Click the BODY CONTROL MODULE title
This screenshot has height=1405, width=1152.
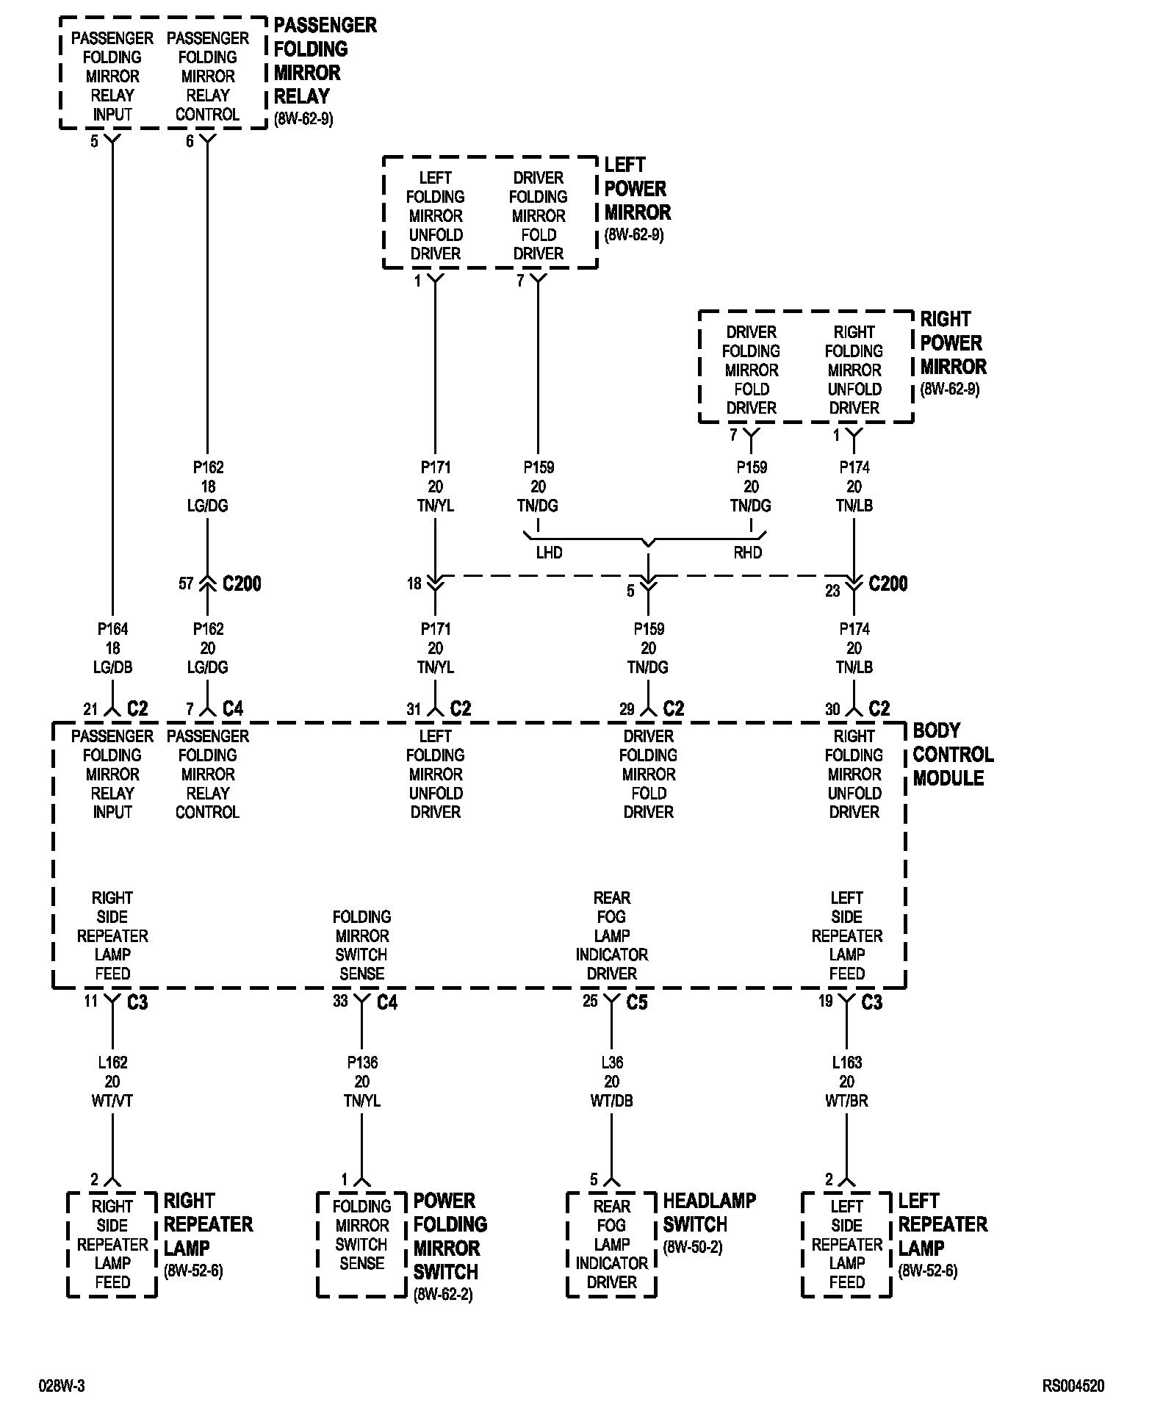pyautogui.click(x=953, y=754)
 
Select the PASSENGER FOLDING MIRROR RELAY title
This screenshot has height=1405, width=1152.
pyautogui.click(x=325, y=61)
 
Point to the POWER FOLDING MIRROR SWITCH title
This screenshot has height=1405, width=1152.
pyautogui.click(x=450, y=1236)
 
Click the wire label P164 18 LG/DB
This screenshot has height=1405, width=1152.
pyautogui.click(x=112, y=648)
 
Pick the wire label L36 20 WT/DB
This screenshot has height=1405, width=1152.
pyautogui.click(x=611, y=1082)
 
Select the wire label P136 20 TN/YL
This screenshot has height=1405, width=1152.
pyautogui.click(x=361, y=1082)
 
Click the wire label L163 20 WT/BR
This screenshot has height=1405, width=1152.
pyautogui.click(x=846, y=1082)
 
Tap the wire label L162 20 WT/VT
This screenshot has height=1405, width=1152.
pyautogui.click(x=112, y=1082)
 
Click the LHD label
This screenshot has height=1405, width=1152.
pyautogui.click(x=549, y=553)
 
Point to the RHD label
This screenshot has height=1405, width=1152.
pyautogui.click(x=748, y=553)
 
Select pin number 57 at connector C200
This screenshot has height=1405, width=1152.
pyautogui.click(x=186, y=583)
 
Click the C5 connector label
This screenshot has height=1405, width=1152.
pyautogui.click(x=637, y=1002)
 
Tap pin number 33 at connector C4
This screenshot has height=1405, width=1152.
pyautogui.click(x=340, y=1001)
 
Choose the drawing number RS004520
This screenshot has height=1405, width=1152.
pyautogui.click(x=1073, y=1387)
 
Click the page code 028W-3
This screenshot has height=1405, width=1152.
pyautogui.click(x=62, y=1387)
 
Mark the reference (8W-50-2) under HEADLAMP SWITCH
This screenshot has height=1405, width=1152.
pyautogui.click(x=693, y=1248)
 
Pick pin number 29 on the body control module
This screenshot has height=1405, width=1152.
pyautogui.click(x=627, y=709)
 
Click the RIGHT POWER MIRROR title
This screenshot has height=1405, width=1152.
pyautogui.click(x=953, y=342)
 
